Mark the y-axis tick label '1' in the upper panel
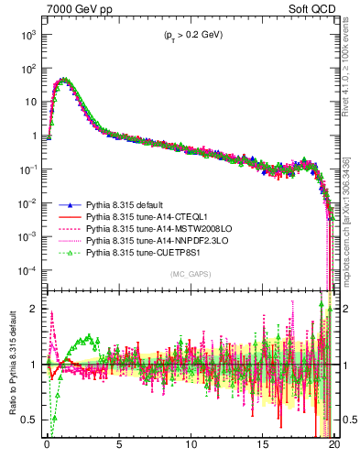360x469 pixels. pos(35,136)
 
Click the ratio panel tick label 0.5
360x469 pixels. pos(30,420)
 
